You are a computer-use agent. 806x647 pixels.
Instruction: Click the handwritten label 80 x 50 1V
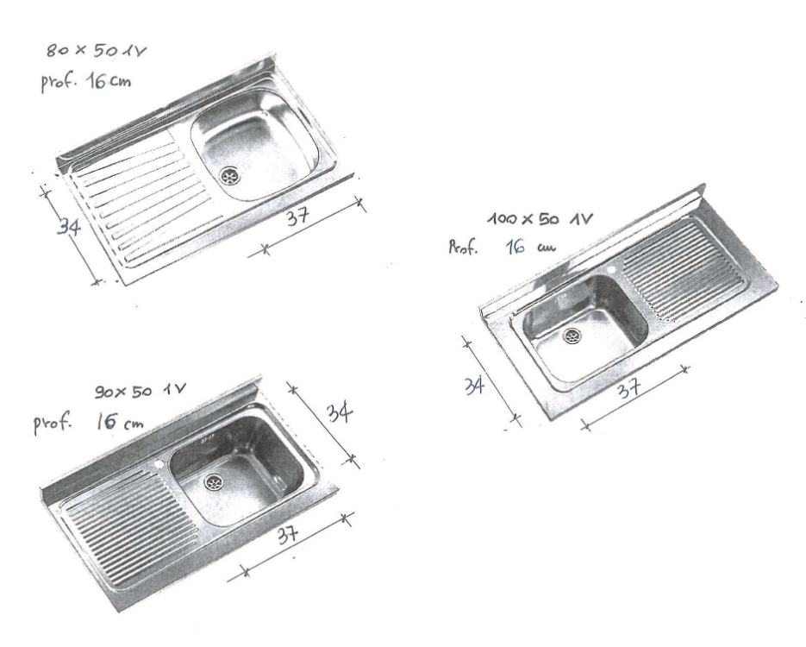[97, 50]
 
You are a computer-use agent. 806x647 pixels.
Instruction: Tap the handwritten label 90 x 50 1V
[141, 392]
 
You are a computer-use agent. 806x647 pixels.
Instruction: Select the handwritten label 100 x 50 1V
[540, 219]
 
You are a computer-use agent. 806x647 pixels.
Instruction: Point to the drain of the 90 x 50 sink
[214, 482]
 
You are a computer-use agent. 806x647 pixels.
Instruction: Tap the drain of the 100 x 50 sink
[572, 336]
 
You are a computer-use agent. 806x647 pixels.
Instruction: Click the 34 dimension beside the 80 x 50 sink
[68, 226]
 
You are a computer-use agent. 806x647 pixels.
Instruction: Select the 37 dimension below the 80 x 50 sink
[297, 216]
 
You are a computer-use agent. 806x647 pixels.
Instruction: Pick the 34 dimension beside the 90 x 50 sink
[340, 412]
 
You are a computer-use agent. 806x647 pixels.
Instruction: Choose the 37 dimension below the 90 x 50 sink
[287, 536]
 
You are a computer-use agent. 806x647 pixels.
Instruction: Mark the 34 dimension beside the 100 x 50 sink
[474, 386]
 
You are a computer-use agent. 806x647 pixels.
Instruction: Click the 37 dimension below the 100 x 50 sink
[629, 388]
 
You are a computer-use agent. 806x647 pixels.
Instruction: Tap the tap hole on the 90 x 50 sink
[159, 465]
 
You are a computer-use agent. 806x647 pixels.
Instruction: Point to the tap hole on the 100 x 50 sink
[612, 270]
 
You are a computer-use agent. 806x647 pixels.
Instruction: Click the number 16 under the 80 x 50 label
[97, 81]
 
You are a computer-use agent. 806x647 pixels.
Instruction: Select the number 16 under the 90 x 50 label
[104, 422]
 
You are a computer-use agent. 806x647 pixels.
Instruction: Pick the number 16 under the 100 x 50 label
[515, 247]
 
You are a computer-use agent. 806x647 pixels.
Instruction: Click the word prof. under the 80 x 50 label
[59, 82]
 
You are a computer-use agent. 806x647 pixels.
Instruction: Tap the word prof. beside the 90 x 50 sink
[52, 424]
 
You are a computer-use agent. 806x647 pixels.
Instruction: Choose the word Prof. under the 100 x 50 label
[463, 248]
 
